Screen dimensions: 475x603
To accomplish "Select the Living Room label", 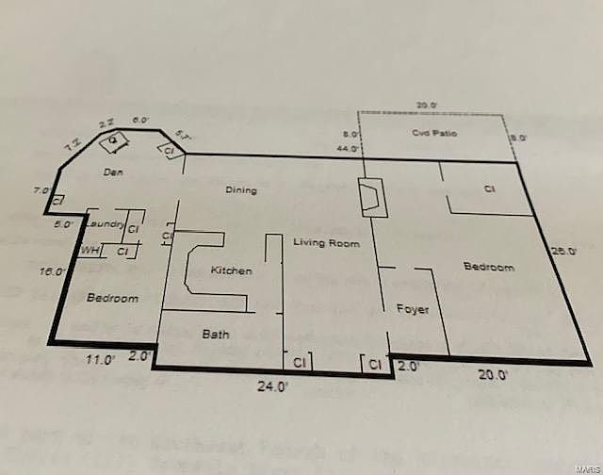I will point(326,243).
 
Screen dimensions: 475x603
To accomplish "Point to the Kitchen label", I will point(231,271).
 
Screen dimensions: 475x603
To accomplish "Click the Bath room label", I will point(216,334).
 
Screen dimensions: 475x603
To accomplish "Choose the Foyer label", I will point(413,309).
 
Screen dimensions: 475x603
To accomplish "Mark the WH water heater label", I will point(90,251).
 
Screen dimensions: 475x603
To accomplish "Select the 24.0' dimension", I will point(273,385).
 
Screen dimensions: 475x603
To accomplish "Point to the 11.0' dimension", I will point(101,359).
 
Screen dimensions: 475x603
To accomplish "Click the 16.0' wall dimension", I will point(53,271).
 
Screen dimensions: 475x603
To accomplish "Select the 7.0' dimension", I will point(41,190).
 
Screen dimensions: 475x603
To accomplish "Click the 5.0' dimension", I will point(63,224).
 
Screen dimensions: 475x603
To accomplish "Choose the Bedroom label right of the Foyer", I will point(489,268).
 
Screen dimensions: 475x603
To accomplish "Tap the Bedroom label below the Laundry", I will point(112,299).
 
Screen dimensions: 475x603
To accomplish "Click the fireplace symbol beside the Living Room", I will point(372,197).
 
